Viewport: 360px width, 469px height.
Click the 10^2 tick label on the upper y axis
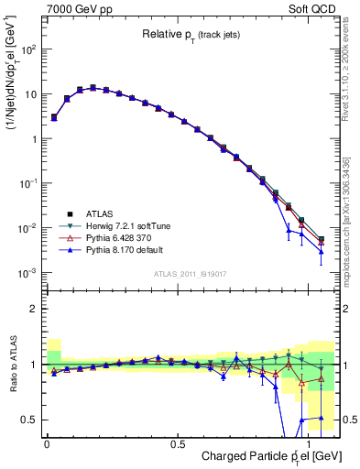pyautogui.click(x=27, y=49)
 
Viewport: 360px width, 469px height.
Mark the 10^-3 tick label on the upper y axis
pyautogui.click(x=27, y=272)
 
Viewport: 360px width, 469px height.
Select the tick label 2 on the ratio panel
pyautogui.click(x=34, y=309)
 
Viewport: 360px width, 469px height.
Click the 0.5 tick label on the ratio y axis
pyautogui.click(x=29, y=420)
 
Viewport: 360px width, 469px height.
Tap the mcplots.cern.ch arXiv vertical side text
pyautogui.click(x=349, y=220)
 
